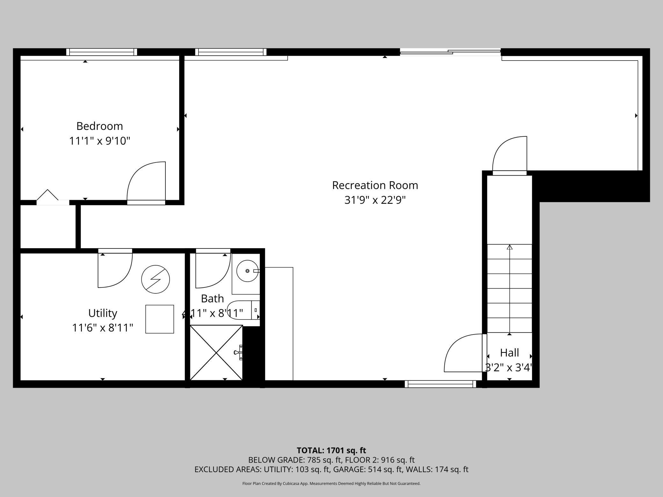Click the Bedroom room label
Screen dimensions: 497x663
pyautogui.click(x=99, y=126)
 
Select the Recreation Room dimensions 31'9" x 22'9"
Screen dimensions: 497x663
pyautogui.click(x=375, y=200)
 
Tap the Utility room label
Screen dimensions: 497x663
pyautogui.click(x=103, y=313)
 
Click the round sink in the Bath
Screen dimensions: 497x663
pyautogui.click(x=247, y=271)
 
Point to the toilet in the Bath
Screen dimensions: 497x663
pyautogui.click(x=242, y=310)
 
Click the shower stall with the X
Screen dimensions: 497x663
pyautogui.click(x=216, y=352)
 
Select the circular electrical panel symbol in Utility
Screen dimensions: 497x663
pyautogui.click(x=156, y=279)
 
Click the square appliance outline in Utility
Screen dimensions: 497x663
pyautogui.click(x=160, y=319)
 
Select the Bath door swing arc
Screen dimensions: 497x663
pyautogui.click(x=213, y=271)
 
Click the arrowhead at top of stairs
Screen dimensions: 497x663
pyautogui.click(x=509, y=247)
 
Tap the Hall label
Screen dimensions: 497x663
pyautogui.click(x=509, y=353)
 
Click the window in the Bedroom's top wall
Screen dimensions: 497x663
pyautogui.click(x=102, y=52)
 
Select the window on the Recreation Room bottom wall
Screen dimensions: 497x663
pyautogui.click(x=440, y=384)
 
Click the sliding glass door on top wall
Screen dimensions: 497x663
pyautogui.click(x=450, y=52)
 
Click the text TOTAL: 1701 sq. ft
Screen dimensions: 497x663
pyautogui.click(x=331, y=450)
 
